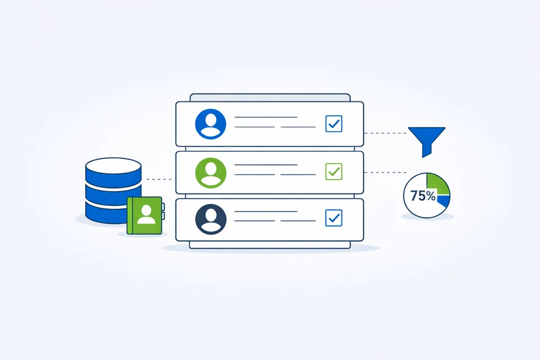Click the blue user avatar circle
click(x=210, y=124)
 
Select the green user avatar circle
click(x=210, y=173)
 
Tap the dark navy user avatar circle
click(x=210, y=219)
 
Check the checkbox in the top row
click(x=334, y=124)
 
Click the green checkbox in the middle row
click(x=334, y=172)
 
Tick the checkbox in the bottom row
click(x=334, y=218)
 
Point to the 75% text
click(x=423, y=196)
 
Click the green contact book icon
click(x=145, y=215)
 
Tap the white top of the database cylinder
click(x=113, y=165)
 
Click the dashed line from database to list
click(x=159, y=179)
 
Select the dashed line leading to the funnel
click(x=385, y=133)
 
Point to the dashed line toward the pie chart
click(x=385, y=172)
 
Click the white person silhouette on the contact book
click(x=146, y=215)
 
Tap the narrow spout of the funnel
click(x=427, y=151)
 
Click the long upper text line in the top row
click(x=266, y=117)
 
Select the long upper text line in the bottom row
click(x=266, y=211)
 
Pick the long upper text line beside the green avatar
click(x=266, y=165)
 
